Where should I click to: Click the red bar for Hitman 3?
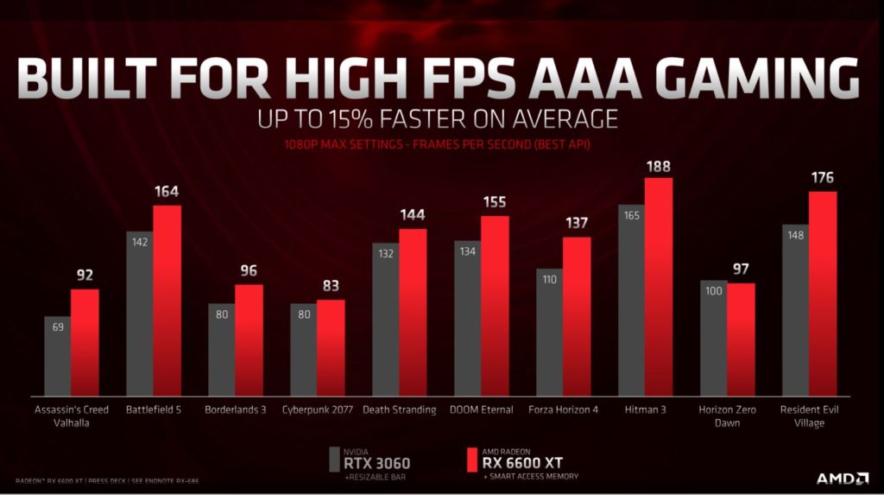[x=659, y=285]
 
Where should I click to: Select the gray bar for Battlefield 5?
[x=140, y=311]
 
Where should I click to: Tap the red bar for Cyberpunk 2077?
[x=331, y=346]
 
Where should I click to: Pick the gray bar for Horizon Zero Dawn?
[x=713, y=337]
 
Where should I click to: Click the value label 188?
[x=659, y=167]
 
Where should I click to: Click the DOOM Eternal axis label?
[x=482, y=409]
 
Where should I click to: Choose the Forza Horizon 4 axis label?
[x=563, y=409]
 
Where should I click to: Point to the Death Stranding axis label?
[x=400, y=409]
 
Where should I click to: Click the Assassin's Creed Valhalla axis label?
[x=72, y=416]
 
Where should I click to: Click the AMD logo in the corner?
[x=844, y=478]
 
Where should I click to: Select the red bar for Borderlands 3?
[x=249, y=339]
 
